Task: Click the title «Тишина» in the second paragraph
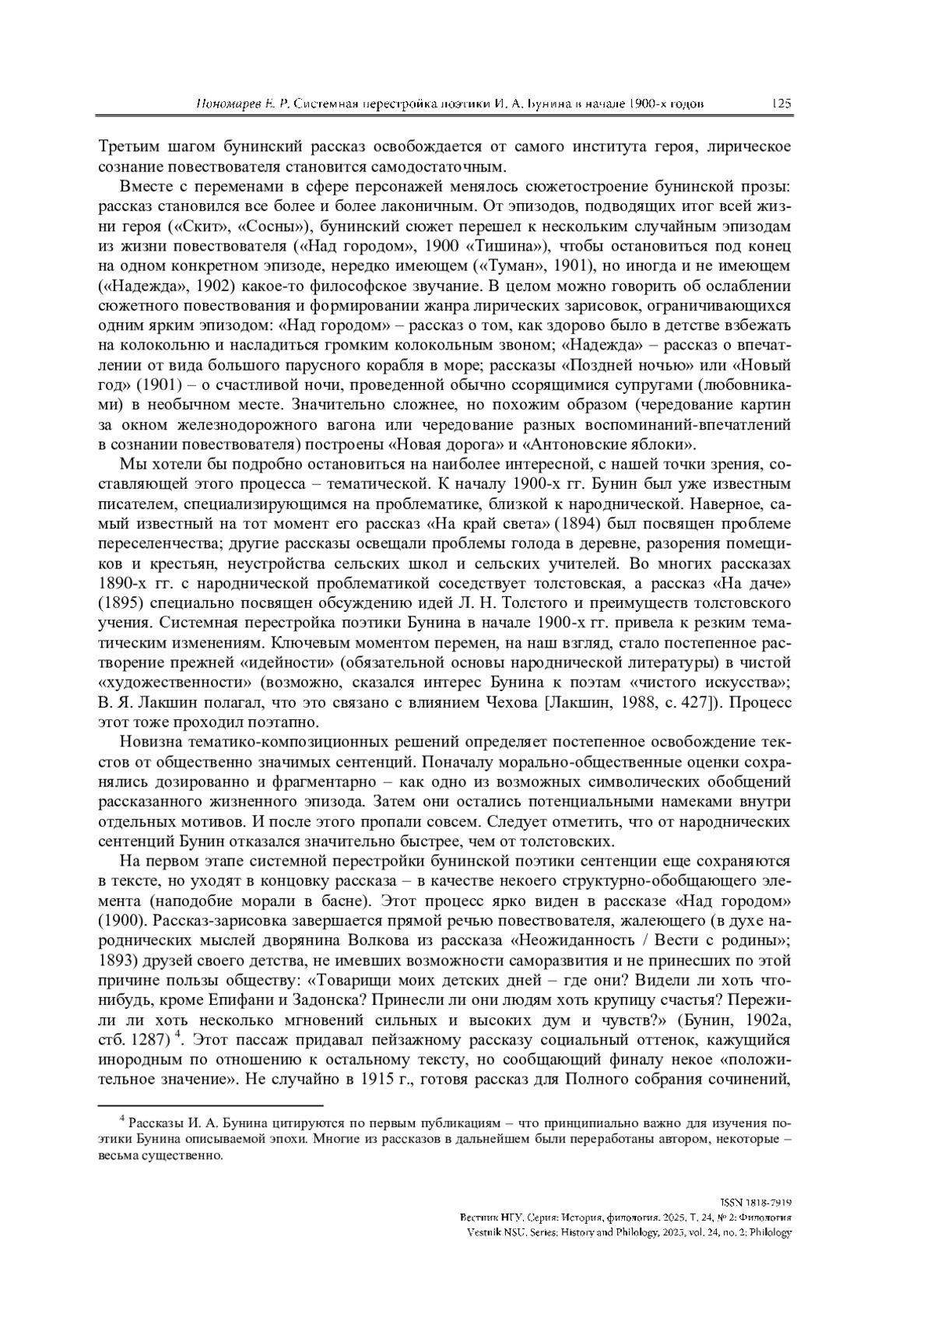pos(508,247)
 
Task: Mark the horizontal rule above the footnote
pos(210,1105)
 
